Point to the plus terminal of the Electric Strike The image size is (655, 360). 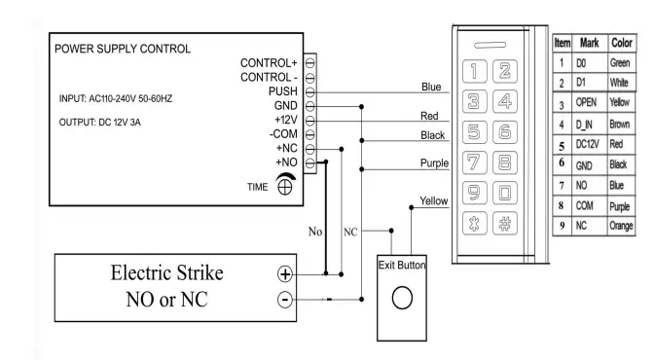[x=284, y=275]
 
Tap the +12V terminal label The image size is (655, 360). [x=282, y=118]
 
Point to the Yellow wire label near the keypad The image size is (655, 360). [x=432, y=199]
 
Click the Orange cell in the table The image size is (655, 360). [x=621, y=226]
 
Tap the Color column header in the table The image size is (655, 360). [x=622, y=45]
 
